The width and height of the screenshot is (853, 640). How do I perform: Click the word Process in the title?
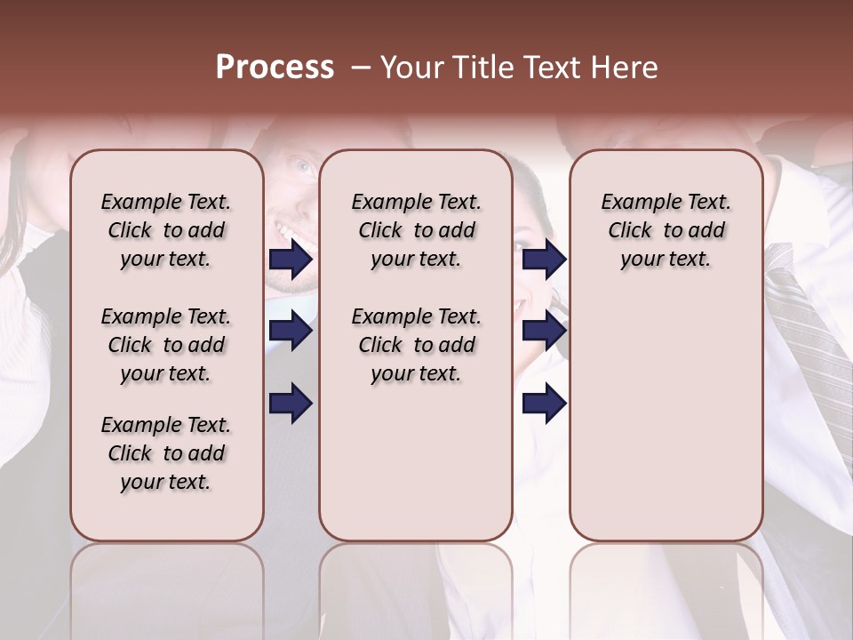pyautogui.click(x=275, y=67)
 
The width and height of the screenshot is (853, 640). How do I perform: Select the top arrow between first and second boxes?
pyautogui.click(x=291, y=260)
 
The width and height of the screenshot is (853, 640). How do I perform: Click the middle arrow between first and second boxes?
pyautogui.click(x=291, y=331)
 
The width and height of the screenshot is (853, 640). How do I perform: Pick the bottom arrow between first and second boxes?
pyautogui.click(x=291, y=403)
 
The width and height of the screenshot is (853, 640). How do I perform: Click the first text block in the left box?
pyautogui.click(x=166, y=230)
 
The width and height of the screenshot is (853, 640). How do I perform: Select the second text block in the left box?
pyautogui.click(x=166, y=345)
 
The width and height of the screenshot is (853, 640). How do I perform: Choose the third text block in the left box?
pyautogui.click(x=166, y=453)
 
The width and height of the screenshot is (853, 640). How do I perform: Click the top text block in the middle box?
pyautogui.click(x=416, y=230)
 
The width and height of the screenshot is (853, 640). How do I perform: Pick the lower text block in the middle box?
pyautogui.click(x=416, y=345)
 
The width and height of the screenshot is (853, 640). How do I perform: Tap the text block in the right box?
pyautogui.click(x=666, y=230)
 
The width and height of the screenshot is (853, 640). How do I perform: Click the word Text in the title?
pyautogui.click(x=559, y=68)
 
